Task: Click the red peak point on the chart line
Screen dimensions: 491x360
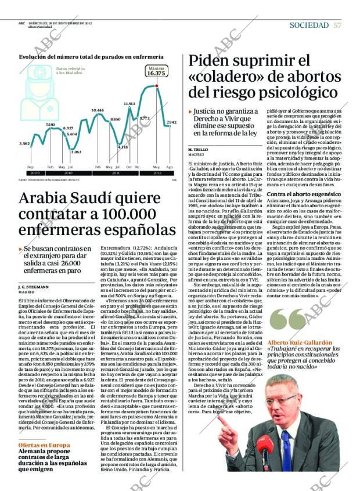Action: coord(156,86)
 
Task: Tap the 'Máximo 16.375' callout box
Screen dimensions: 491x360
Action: coord(156,71)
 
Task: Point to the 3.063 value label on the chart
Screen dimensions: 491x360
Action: coord(60,151)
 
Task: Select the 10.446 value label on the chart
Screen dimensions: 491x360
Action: coord(98,110)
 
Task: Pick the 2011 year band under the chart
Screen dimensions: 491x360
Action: coord(116,173)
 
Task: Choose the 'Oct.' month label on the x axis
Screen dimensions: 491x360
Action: coord(129,167)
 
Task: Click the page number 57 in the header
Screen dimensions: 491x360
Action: coord(337,25)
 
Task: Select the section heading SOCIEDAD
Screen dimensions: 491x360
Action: coord(308,25)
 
